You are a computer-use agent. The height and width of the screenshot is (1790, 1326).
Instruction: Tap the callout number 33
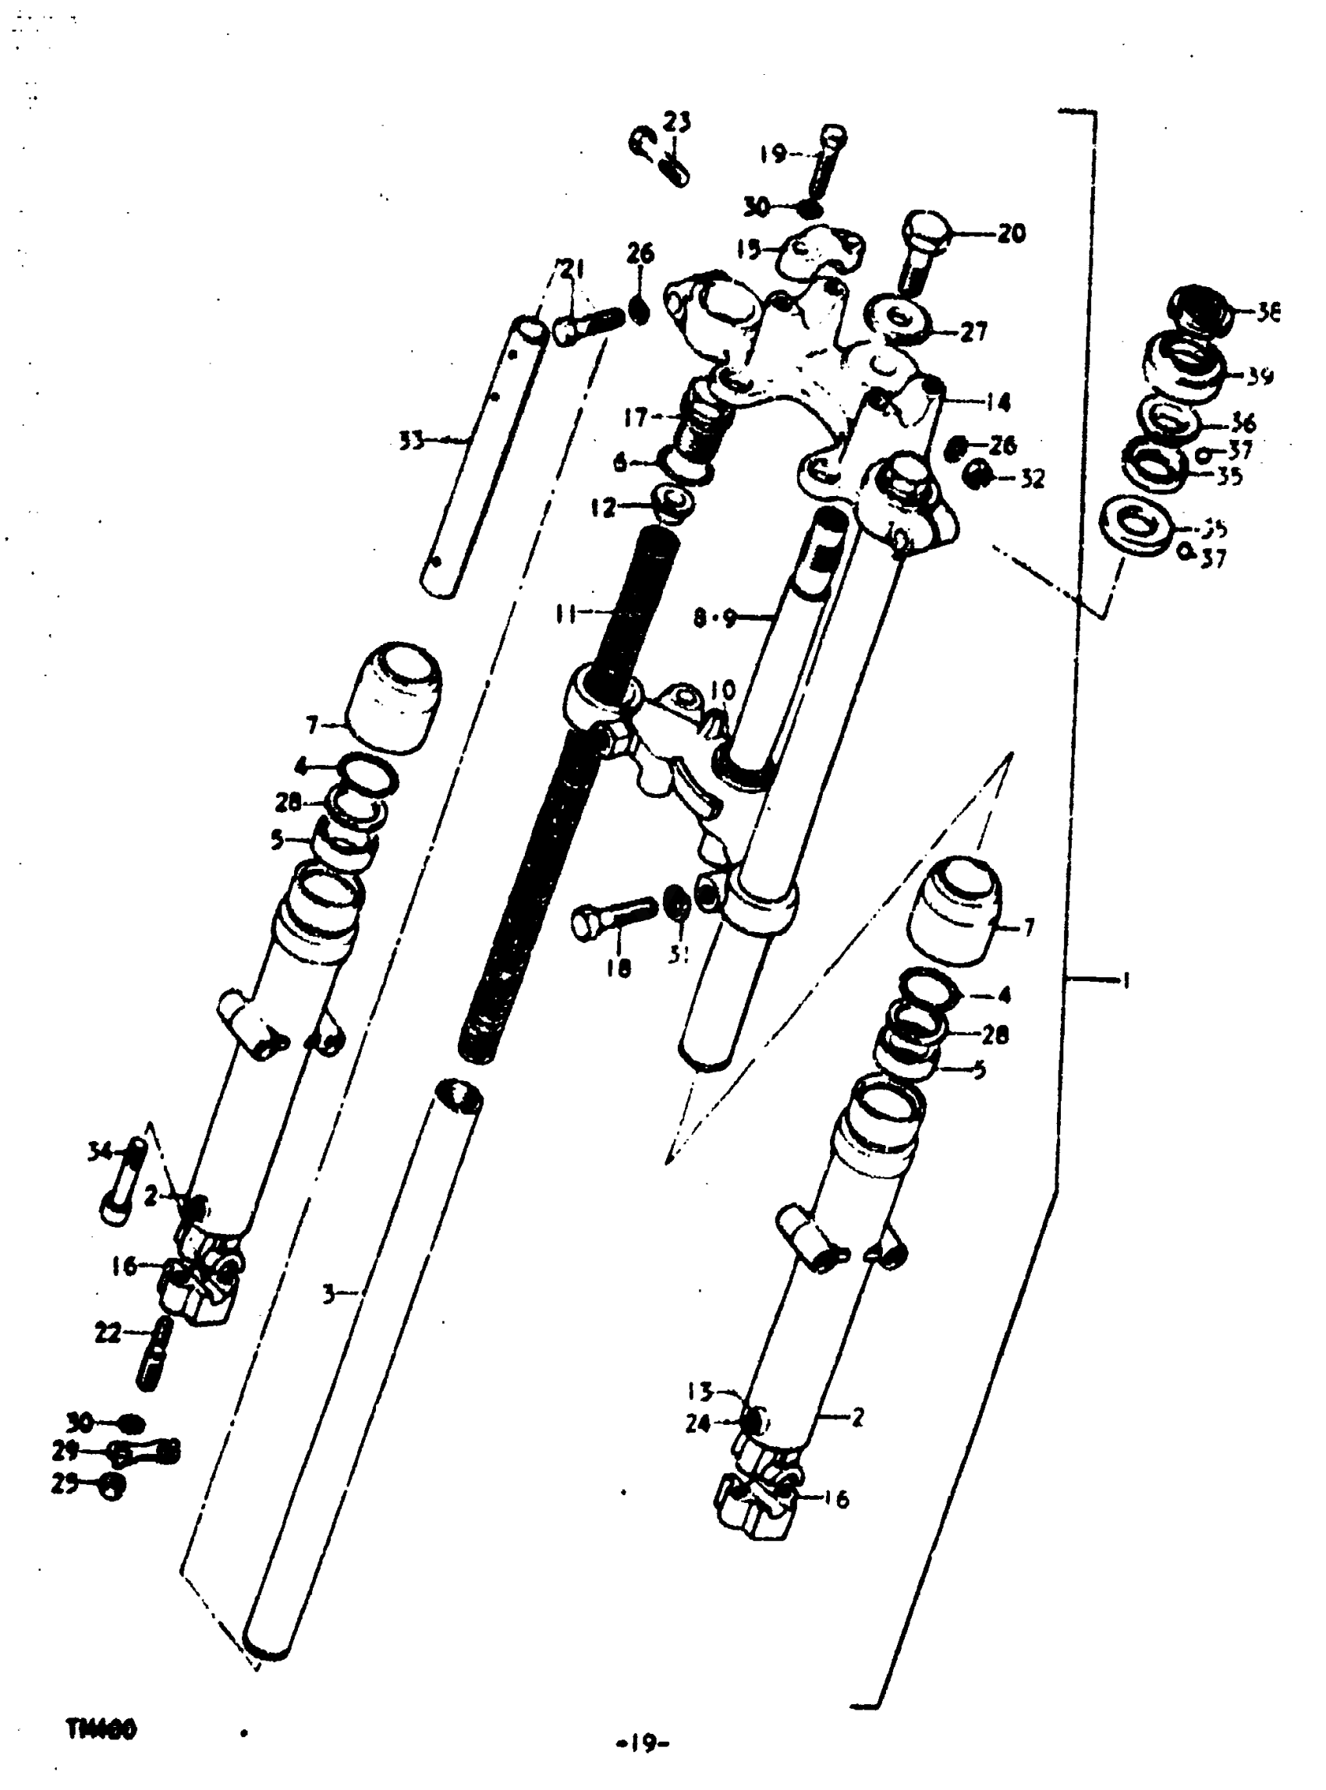[x=412, y=441]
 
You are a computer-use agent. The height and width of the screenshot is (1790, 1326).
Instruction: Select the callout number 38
[x=1267, y=312]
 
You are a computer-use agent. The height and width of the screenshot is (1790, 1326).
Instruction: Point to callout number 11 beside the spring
[x=567, y=615]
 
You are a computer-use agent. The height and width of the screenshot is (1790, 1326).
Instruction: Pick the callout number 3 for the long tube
[x=329, y=1294]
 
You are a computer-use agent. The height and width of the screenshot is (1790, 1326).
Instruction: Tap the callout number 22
[x=108, y=1334]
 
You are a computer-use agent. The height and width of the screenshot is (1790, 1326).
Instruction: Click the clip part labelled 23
[x=658, y=157]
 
